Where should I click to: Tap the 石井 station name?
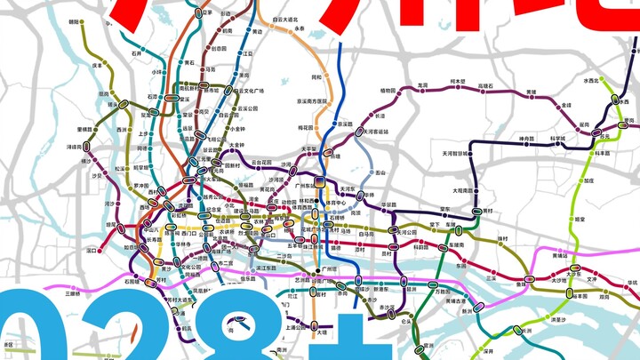click(136, 53)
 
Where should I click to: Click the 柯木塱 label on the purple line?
click(458, 82)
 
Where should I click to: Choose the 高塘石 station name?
click(485, 86)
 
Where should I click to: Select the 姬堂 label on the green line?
click(579, 218)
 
